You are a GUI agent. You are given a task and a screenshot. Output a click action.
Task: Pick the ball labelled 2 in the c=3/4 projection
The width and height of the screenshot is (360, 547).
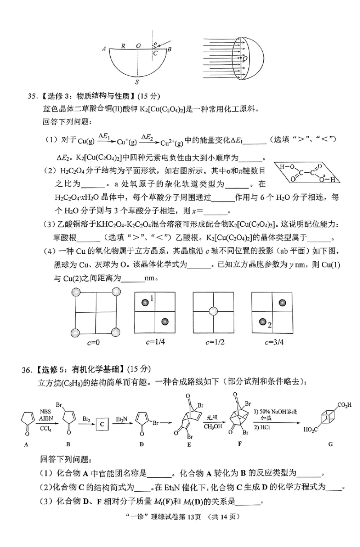[262, 321]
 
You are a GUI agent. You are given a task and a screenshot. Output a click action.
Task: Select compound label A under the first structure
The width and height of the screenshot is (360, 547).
[26, 444]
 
